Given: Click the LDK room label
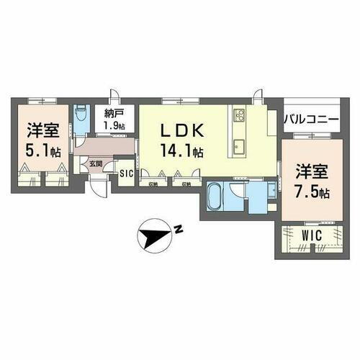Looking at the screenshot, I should pyautogui.click(x=180, y=132).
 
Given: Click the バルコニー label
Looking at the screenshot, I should pyautogui.click(x=310, y=120).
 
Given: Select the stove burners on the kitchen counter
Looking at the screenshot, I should pyautogui.click(x=239, y=115).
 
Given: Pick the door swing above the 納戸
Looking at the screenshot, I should pyautogui.click(x=114, y=96).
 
